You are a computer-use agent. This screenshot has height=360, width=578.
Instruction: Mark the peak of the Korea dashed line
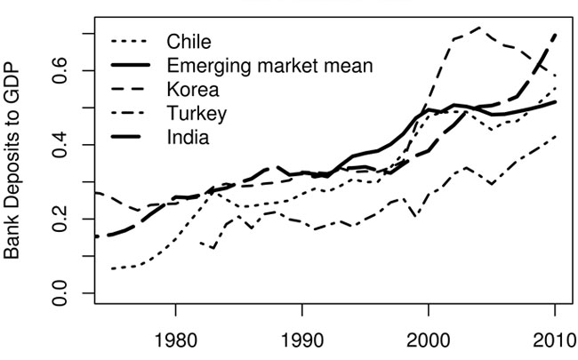click(x=480, y=28)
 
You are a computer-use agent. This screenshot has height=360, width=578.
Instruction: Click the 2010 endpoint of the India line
click(x=556, y=34)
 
